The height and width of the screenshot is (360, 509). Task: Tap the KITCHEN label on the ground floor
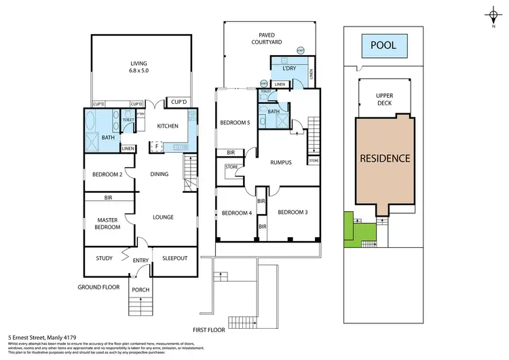(168, 126)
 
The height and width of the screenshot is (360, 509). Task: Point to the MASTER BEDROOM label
(108, 223)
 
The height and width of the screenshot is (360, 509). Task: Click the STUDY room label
(104, 258)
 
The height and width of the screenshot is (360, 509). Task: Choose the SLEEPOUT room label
(174, 258)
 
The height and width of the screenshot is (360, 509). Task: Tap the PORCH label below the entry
(140, 289)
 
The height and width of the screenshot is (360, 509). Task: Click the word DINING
(159, 175)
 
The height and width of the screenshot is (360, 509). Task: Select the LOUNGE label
(163, 217)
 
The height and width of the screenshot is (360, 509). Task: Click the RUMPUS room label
(280, 162)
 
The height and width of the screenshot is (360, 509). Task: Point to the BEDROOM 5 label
(235, 123)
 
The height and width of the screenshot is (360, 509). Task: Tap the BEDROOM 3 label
(293, 213)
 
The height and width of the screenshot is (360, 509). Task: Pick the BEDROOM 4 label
(237, 213)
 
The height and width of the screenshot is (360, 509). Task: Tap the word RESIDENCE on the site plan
(385, 158)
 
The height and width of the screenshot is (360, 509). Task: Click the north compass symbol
(493, 15)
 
